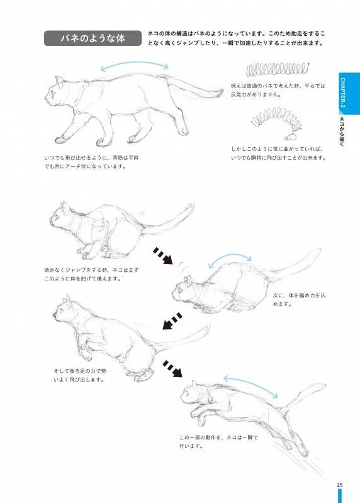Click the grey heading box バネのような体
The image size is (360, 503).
pyautogui.click(x=93, y=38)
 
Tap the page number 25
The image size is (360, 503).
pyautogui.click(x=340, y=485)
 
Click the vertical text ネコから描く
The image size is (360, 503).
pyautogui.click(x=342, y=131)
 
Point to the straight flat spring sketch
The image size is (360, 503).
pyautogui.click(x=278, y=69)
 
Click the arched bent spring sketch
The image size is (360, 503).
pyautogui.click(x=277, y=122)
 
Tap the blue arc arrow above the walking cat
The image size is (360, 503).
pyautogui.click(x=134, y=64)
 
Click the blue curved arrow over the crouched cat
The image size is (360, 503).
pyautogui.click(x=230, y=256)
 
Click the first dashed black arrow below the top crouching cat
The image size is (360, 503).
pyautogui.click(x=163, y=256)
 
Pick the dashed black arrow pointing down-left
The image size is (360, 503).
pyautogui.click(x=172, y=321)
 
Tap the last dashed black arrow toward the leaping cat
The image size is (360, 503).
pyautogui.click(x=172, y=369)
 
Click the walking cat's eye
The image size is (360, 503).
pyautogui.click(x=52, y=94)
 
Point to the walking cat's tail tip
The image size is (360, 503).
pyautogui.click(x=222, y=92)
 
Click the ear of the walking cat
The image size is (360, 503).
pyautogui.click(x=59, y=81)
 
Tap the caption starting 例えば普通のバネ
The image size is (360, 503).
pyautogui.click(x=278, y=90)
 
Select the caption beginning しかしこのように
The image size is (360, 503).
pyautogui.click(x=278, y=153)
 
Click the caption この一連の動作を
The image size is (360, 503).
pyautogui.click(x=218, y=442)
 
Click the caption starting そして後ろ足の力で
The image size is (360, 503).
pyautogui.click(x=80, y=375)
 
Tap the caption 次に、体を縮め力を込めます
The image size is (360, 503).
pyautogui.click(x=299, y=299)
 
